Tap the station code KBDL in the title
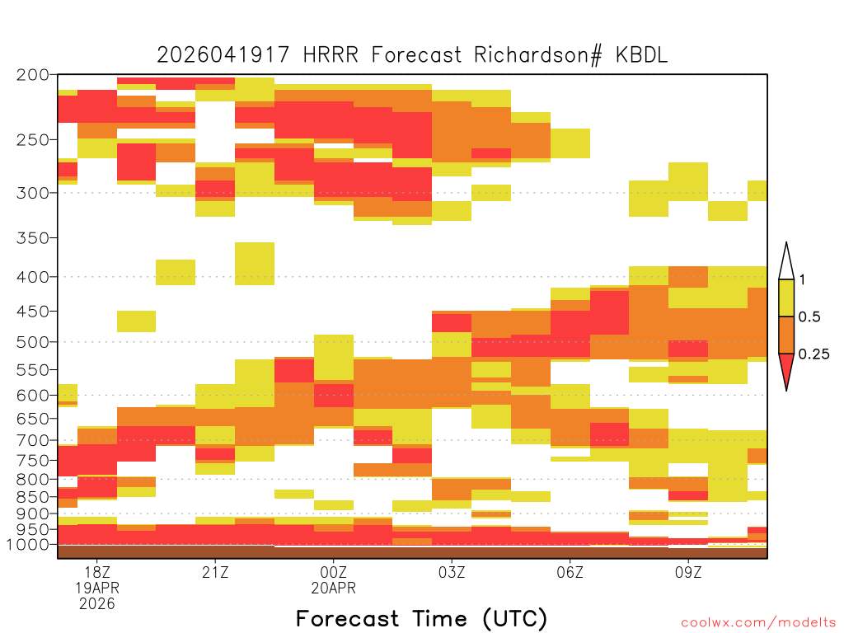click(x=641, y=55)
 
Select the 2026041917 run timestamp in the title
click(x=223, y=55)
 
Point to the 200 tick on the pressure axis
click(x=32, y=75)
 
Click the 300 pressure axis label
click(x=32, y=193)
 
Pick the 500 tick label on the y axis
click(x=32, y=342)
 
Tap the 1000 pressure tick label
click(x=27, y=545)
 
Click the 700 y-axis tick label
click(x=32, y=440)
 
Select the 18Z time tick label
click(x=97, y=572)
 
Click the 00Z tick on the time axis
click(x=333, y=572)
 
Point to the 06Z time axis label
click(x=570, y=572)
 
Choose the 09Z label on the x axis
click(x=688, y=572)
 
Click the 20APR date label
click(x=333, y=588)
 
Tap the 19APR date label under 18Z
click(x=97, y=588)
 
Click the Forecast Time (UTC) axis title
click(x=421, y=618)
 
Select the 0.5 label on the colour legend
click(x=809, y=316)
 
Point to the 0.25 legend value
click(x=814, y=354)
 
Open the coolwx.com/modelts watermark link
click(x=758, y=623)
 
